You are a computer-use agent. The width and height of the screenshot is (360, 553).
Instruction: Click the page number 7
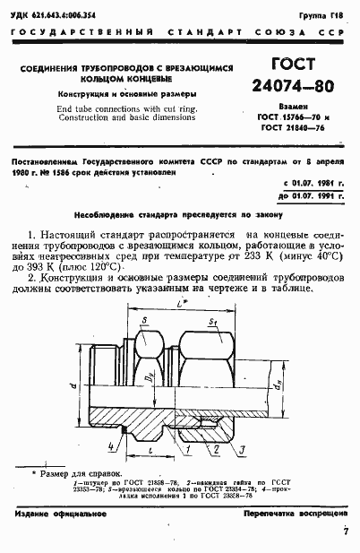[x=346, y=532]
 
